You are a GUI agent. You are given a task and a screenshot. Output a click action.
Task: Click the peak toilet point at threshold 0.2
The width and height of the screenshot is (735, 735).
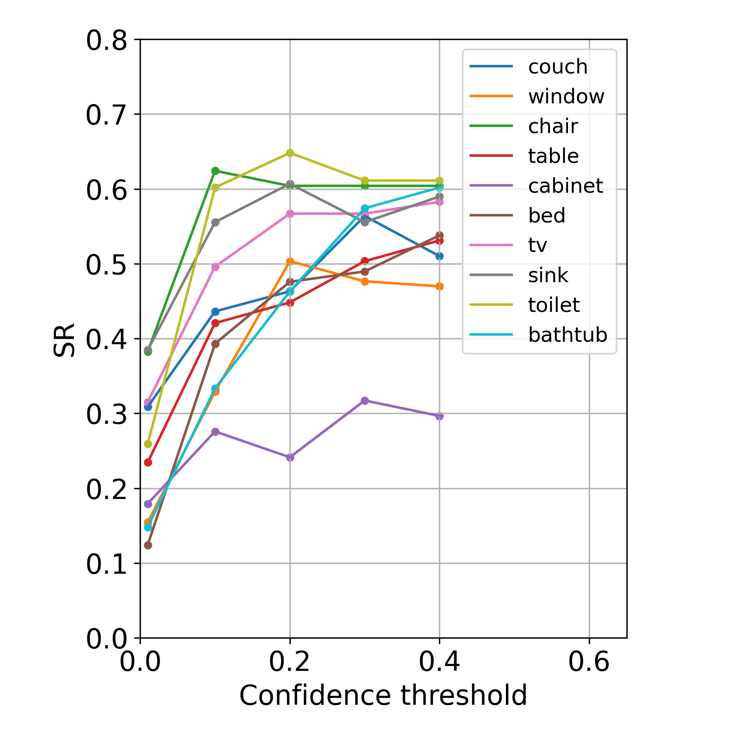tap(290, 153)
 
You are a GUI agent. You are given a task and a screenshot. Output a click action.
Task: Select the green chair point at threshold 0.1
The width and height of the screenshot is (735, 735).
tap(215, 171)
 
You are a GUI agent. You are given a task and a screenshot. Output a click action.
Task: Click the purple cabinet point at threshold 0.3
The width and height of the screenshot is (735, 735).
tap(365, 401)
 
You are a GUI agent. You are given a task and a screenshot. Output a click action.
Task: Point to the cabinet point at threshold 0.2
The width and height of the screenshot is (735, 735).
tap(290, 457)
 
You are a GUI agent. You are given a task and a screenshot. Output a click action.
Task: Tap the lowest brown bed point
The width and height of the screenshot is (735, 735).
tap(148, 545)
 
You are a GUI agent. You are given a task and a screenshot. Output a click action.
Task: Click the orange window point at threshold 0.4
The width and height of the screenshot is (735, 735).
tap(439, 286)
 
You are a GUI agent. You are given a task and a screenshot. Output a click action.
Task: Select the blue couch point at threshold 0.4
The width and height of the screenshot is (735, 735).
tap(439, 256)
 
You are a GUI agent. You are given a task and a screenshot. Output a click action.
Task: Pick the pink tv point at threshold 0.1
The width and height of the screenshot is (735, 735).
tap(215, 267)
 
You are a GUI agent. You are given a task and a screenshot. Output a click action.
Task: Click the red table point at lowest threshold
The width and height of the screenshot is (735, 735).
tap(148, 462)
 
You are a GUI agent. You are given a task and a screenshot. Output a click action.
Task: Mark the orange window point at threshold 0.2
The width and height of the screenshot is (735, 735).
tap(290, 261)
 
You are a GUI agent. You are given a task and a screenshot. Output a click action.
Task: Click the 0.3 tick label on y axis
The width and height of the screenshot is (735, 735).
tap(107, 414)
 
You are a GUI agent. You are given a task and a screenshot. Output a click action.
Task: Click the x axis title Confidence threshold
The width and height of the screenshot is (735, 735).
tap(383, 696)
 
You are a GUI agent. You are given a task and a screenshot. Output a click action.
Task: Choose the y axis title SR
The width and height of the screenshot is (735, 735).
tap(65, 340)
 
